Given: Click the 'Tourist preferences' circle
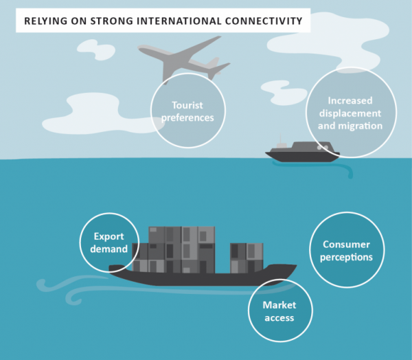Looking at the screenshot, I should pos(187,112).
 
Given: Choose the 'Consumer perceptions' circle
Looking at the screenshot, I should pos(347,251).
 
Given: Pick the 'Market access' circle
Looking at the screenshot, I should pos(279,311).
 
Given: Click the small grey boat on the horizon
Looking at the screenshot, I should pos(302,153).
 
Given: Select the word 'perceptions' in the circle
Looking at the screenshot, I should pos(347,258).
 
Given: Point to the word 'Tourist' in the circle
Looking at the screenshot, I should pos(187,106).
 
